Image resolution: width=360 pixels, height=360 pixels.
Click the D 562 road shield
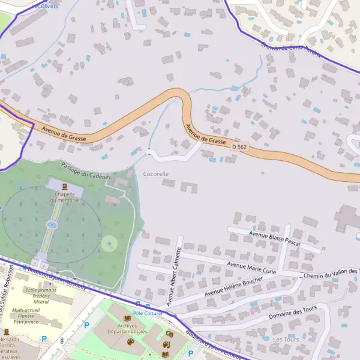[239, 146]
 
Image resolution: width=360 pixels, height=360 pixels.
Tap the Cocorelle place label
[156, 173]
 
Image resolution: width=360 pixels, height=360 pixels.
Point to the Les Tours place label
[286, 340]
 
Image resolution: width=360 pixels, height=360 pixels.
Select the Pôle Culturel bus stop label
[148, 313]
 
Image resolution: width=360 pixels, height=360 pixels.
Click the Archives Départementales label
[128, 329]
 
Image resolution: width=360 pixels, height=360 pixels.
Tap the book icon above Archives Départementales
[127, 318]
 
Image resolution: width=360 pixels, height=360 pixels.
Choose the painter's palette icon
[130, 342]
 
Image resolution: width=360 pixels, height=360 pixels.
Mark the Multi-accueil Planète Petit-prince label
[26, 316]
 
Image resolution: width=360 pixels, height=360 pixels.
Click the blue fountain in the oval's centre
[52, 225]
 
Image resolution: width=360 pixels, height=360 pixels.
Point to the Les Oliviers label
[45, 6]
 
